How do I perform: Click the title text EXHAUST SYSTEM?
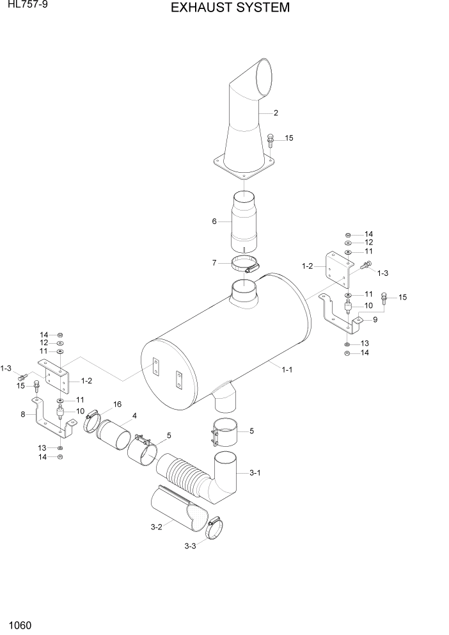click(221, 8)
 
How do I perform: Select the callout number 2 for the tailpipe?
click(276, 113)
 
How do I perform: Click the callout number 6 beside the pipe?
click(215, 221)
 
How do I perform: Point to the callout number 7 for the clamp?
click(215, 262)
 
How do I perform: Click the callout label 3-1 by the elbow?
click(255, 472)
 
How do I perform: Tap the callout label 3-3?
click(190, 546)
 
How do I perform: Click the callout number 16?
click(117, 404)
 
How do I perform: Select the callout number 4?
click(134, 416)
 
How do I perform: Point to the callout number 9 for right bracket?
click(375, 319)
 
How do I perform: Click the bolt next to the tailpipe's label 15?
click(271, 140)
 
